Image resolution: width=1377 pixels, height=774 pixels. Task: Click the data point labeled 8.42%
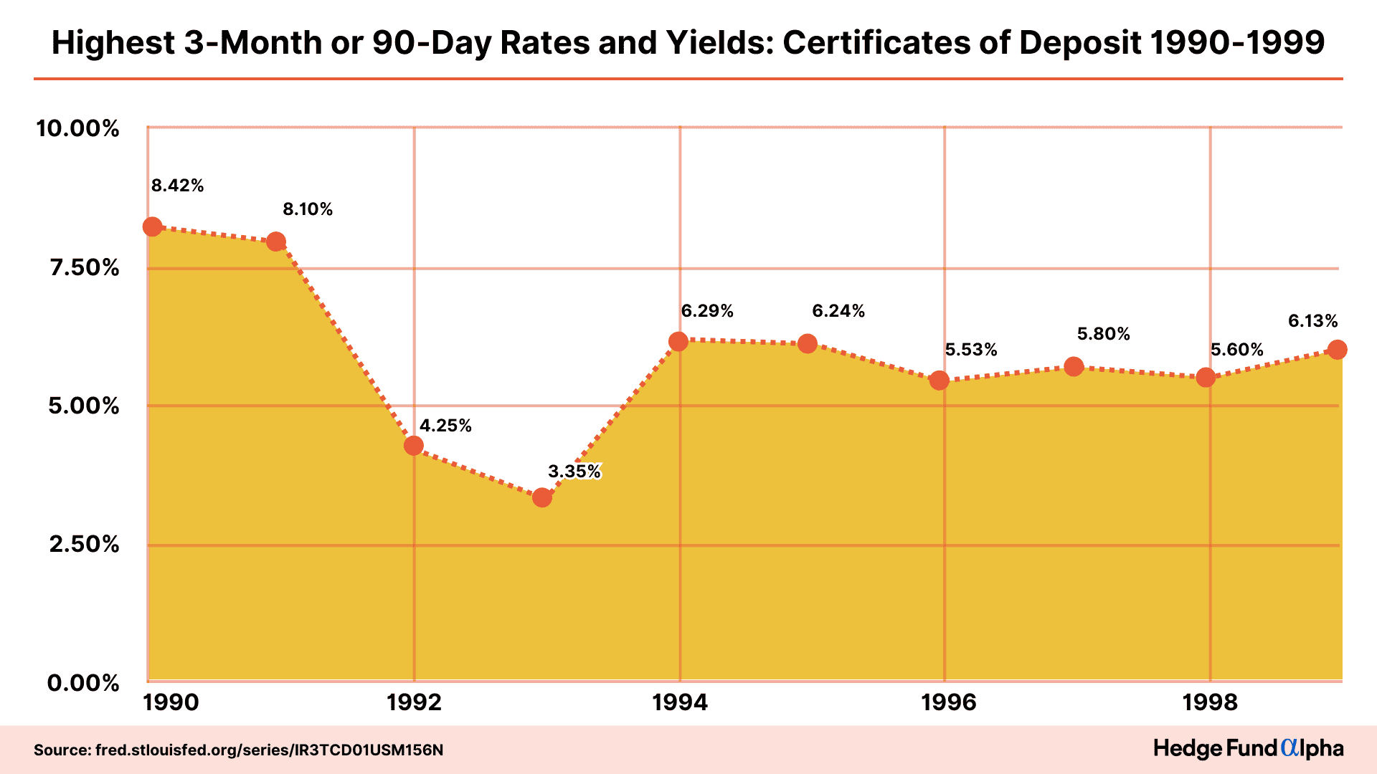tap(152, 227)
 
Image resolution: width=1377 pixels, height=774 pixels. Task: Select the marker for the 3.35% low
tap(542, 497)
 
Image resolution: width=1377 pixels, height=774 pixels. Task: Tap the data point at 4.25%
tap(413, 446)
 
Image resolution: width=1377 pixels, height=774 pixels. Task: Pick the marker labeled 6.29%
tap(678, 342)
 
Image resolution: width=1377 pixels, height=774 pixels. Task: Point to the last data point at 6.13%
tap(1337, 350)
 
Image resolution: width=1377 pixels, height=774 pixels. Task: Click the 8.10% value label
tap(308, 209)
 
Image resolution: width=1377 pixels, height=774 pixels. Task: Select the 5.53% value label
tap(970, 350)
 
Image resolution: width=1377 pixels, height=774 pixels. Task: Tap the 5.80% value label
tap(1103, 334)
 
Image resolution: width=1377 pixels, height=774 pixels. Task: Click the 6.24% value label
tap(838, 311)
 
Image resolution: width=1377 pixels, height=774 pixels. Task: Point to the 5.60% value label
tap(1236, 350)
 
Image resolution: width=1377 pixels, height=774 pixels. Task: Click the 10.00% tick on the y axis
tap(77, 129)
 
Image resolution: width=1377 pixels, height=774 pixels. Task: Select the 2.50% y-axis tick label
tap(84, 544)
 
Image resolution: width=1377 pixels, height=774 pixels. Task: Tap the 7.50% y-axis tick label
tap(84, 268)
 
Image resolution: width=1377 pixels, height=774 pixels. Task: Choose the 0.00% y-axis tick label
tap(83, 683)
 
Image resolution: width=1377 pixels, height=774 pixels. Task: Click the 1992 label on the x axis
tap(414, 702)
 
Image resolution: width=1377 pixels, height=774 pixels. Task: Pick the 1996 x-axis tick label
tap(948, 702)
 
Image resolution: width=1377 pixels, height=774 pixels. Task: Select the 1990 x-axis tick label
tap(171, 702)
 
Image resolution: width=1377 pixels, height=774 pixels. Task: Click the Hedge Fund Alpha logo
tap(1248, 749)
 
